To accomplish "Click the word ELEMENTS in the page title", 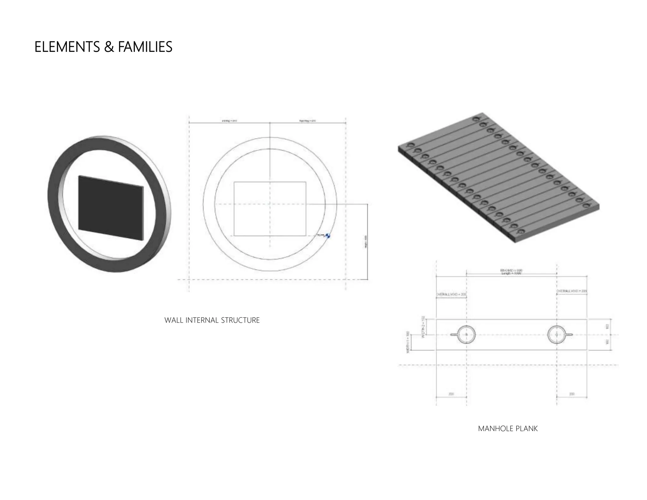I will pyautogui.click(x=67, y=47).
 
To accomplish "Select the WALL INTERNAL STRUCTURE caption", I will pyautogui.click(x=212, y=320).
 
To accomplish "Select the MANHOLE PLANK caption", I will pyautogui.click(x=508, y=429).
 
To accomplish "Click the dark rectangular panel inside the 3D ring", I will pyautogui.click(x=111, y=208).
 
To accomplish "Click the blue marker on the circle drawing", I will pyautogui.click(x=328, y=235).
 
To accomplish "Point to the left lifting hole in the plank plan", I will pyautogui.click(x=467, y=334).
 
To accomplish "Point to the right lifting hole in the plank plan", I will pyautogui.click(x=557, y=334).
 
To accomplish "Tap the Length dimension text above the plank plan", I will pyautogui.click(x=511, y=273).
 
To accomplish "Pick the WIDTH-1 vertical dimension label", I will pyautogui.click(x=408, y=342).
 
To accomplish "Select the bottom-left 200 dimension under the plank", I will pyautogui.click(x=451, y=394).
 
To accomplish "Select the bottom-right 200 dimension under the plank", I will pyautogui.click(x=571, y=394).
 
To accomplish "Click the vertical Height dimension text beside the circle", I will pyautogui.click(x=366, y=242).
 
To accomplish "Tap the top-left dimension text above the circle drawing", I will pyautogui.click(x=229, y=121).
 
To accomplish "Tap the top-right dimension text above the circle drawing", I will pyautogui.click(x=308, y=121).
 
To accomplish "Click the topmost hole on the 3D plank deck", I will pyautogui.click(x=476, y=119).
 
